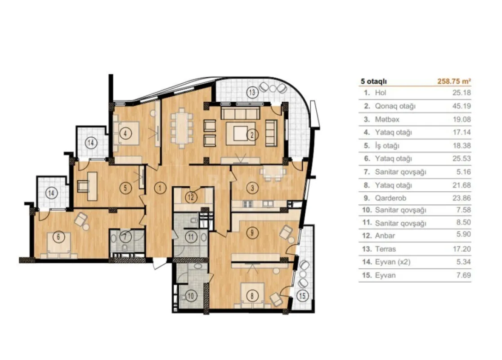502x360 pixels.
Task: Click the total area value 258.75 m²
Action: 454,81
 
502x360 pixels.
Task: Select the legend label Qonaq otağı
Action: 390,106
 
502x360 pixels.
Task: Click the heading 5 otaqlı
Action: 374,81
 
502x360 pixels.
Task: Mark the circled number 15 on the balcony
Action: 302,296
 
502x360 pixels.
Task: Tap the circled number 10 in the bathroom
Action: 190,296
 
